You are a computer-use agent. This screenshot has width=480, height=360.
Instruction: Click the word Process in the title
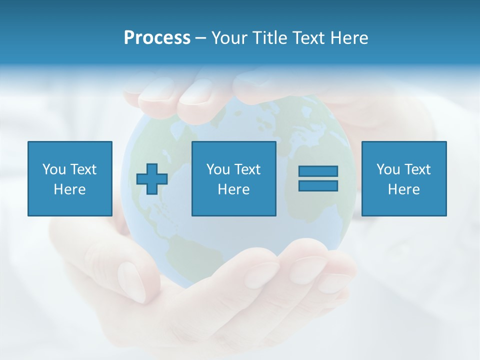[157, 38]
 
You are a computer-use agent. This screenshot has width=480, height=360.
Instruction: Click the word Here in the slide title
[350, 38]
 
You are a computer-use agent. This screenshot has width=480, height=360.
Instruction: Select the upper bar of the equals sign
[318, 171]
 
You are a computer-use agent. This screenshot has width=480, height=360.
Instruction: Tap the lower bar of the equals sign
[318, 185]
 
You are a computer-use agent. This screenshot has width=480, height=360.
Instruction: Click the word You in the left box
[54, 169]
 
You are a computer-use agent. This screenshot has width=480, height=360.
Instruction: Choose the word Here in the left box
[69, 189]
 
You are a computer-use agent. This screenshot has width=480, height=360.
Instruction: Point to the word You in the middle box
[218, 169]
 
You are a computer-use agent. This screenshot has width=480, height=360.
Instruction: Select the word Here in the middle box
[233, 189]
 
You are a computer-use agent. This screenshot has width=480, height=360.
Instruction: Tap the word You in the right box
[388, 169]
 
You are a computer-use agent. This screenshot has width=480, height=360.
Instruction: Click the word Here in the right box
[403, 189]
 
